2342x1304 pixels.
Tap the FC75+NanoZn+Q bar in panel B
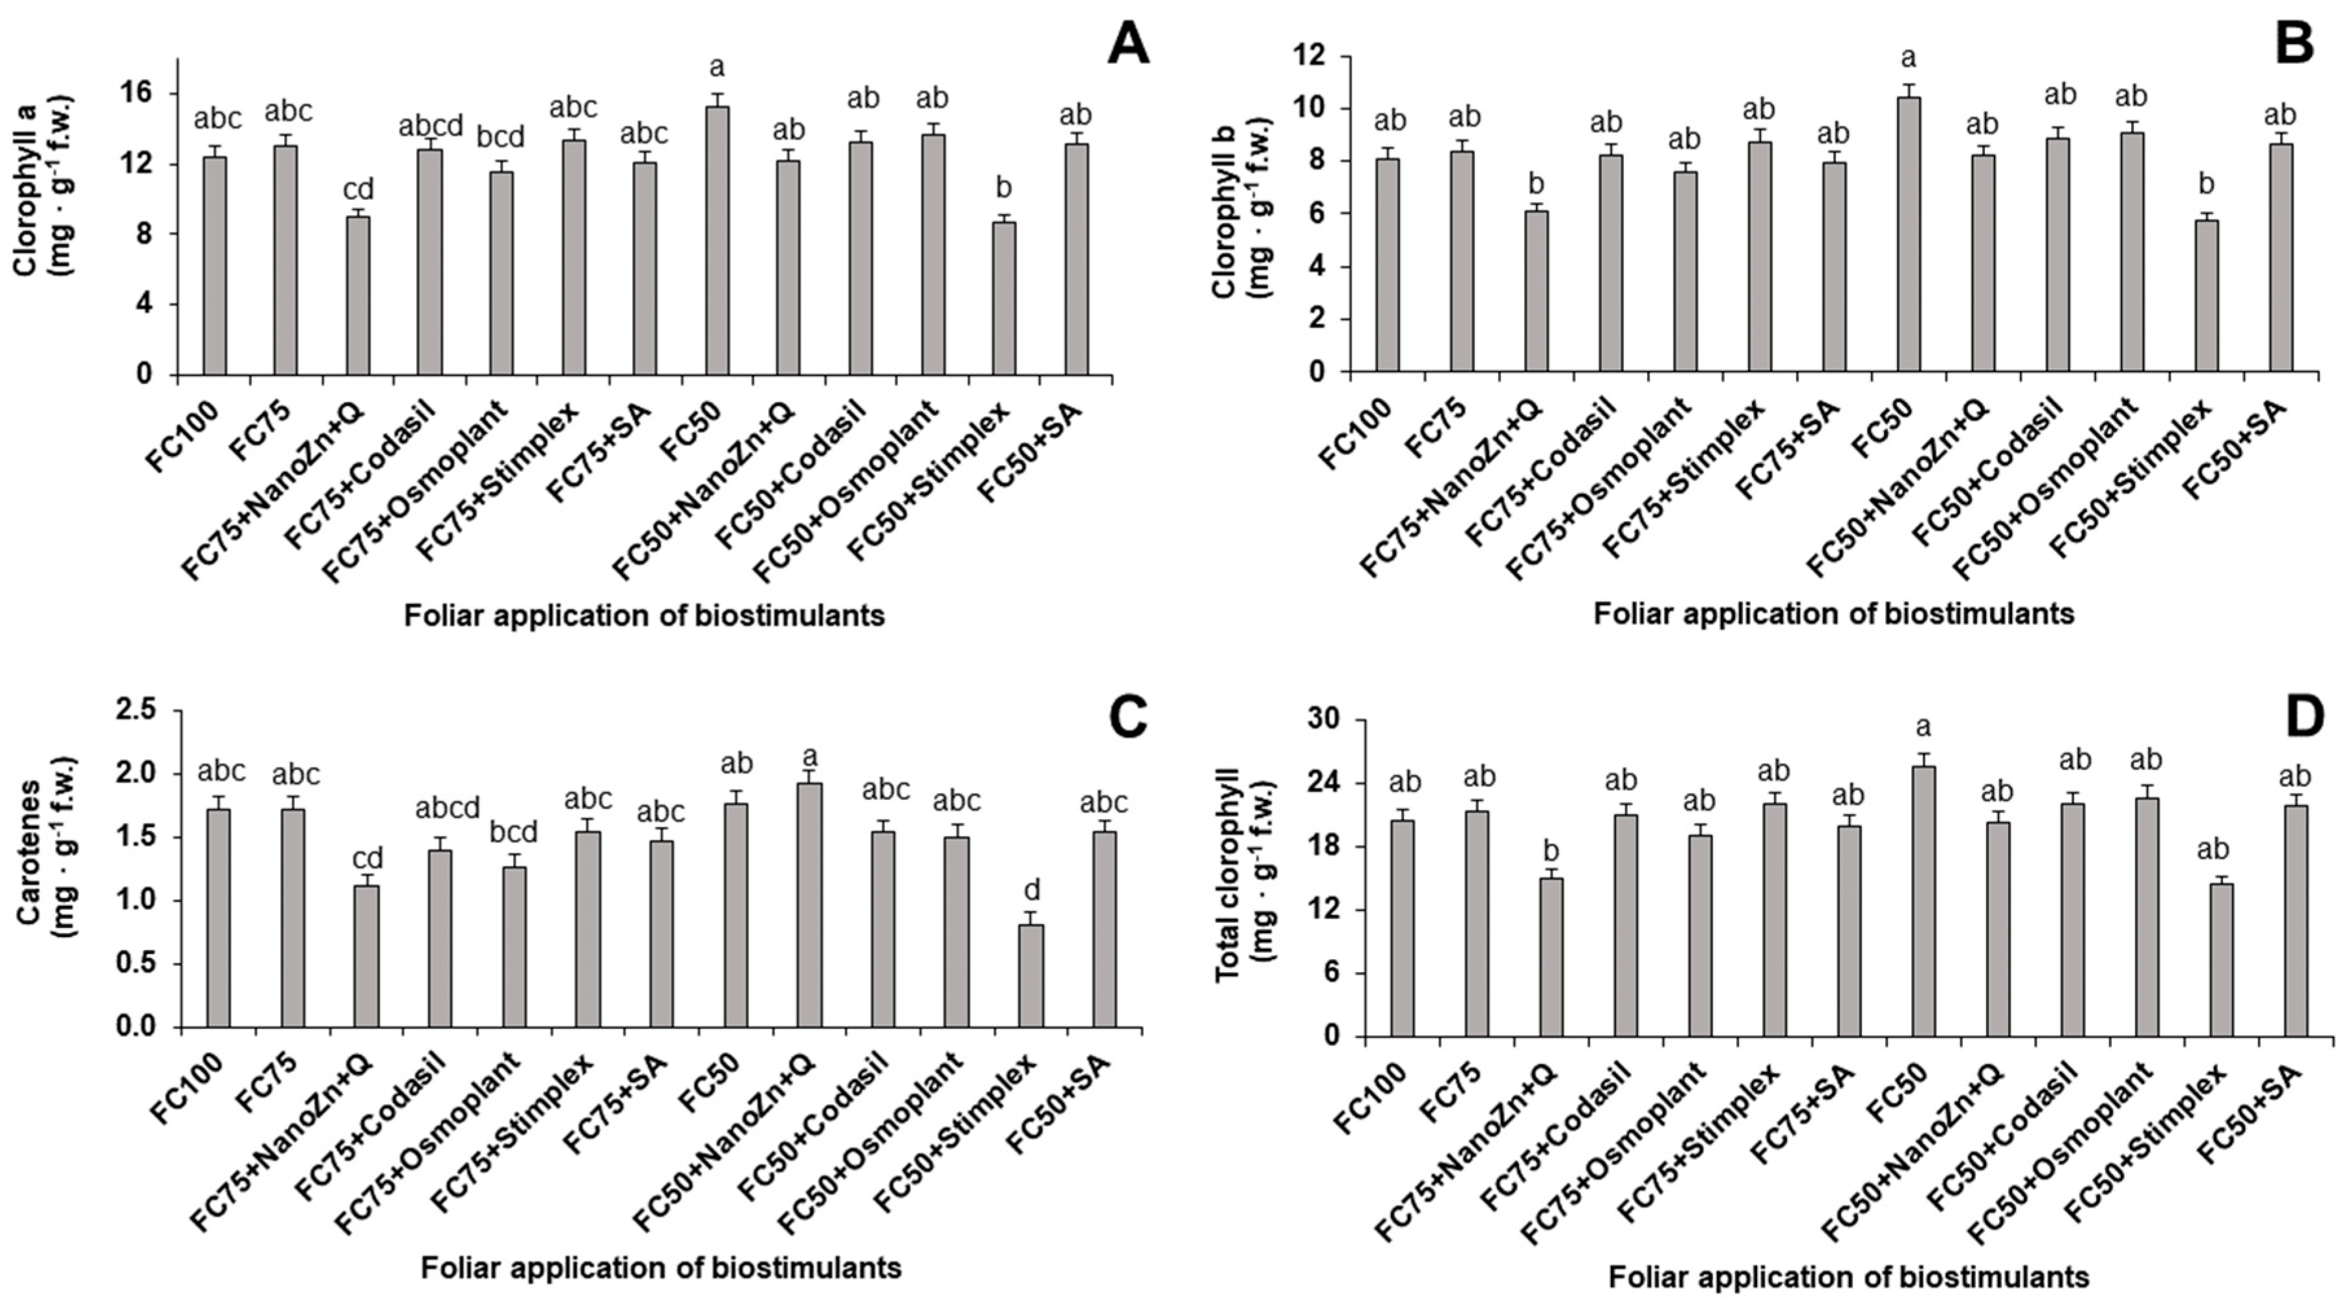pos(1536,291)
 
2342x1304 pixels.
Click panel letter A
pos(1128,43)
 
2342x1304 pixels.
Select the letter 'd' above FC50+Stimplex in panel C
pos(1032,889)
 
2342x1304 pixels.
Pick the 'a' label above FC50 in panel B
pos(1909,58)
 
